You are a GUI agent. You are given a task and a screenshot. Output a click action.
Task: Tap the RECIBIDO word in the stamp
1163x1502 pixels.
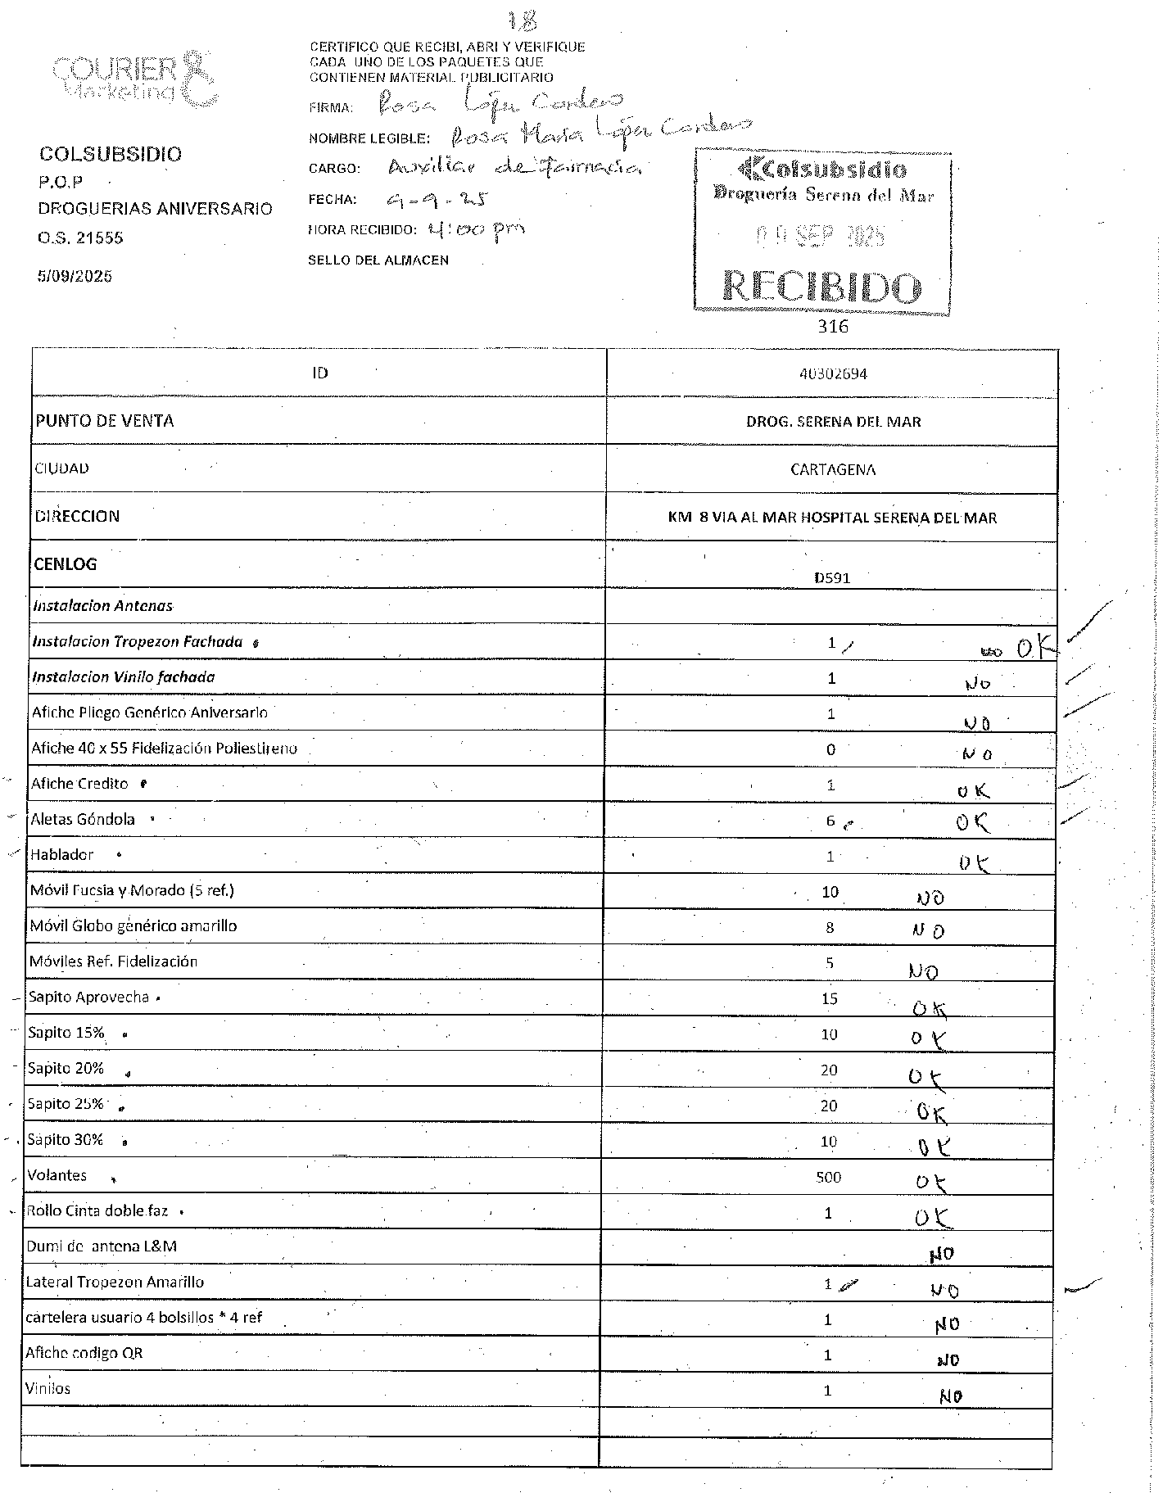822,287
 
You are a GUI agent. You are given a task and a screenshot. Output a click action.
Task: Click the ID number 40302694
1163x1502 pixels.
832,373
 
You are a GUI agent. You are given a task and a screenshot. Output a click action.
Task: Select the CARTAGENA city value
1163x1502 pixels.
832,469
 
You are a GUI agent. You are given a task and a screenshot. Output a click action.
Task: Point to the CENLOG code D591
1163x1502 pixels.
832,577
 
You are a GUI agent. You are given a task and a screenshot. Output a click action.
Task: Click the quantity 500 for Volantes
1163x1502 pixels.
828,1177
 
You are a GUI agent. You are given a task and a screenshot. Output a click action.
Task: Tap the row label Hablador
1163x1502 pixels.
62,854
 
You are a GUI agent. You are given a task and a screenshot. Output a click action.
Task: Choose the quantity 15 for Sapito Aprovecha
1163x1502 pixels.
829,998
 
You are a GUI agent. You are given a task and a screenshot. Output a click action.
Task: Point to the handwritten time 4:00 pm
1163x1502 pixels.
476,230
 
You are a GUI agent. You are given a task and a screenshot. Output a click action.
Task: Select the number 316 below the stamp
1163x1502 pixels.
832,326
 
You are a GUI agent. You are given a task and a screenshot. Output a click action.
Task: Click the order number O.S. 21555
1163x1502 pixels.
80,238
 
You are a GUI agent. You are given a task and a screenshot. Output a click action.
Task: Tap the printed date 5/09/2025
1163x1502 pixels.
75,276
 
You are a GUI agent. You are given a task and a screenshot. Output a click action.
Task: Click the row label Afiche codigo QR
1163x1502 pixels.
84,1353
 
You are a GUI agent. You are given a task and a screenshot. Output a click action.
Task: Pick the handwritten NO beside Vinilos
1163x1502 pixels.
950,1396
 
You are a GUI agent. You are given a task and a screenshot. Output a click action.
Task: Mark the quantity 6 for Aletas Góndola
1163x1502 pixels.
830,820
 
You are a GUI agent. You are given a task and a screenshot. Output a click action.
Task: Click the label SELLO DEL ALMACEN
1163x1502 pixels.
378,260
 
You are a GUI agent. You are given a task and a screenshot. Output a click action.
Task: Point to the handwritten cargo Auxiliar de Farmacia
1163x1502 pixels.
514,168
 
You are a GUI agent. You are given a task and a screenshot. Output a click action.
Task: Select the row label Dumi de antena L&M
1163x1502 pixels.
102,1246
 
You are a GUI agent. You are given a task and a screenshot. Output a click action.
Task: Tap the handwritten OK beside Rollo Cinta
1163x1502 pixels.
934,1218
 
